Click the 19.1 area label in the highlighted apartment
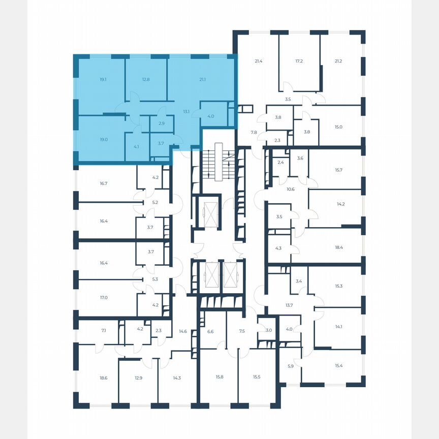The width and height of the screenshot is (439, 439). click(x=103, y=79)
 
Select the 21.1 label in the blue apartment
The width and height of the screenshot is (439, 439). click(x=203, y=79)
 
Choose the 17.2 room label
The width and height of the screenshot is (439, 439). click(x=299, y=61)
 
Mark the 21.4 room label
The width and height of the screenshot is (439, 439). click(x=259, y=61)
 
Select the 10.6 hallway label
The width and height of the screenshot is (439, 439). click(x=291, y=189)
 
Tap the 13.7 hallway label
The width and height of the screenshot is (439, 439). click(x=289, y=305)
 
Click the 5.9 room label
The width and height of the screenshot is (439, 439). click(x=291, y=366)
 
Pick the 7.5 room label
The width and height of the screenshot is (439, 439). click(x=242, y=331)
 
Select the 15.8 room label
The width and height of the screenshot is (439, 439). click(x=219, y=377)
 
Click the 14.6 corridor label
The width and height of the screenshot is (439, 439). click(x=183, y=331)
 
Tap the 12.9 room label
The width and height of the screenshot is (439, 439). click(x=139, y=378)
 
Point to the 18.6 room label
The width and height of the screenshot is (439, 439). click(x=104, y=378)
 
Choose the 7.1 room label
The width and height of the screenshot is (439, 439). click(x=104, y=331)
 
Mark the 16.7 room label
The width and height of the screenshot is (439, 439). click(x=104, y=183)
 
